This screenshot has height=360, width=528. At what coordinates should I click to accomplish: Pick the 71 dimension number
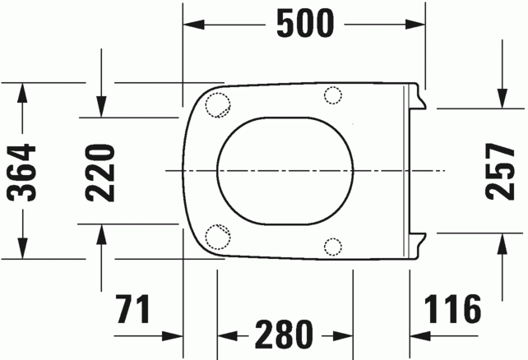133,311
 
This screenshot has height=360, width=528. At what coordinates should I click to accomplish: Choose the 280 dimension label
283,335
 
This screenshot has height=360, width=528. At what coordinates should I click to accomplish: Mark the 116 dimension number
452,311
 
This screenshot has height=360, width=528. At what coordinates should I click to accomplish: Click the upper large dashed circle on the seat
218,104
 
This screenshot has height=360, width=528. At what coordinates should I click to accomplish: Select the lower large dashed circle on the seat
218,236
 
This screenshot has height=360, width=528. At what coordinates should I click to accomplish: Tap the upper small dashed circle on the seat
333,95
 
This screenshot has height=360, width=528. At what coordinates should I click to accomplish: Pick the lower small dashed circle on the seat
333,245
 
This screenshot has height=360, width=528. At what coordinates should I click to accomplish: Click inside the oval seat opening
285,170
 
